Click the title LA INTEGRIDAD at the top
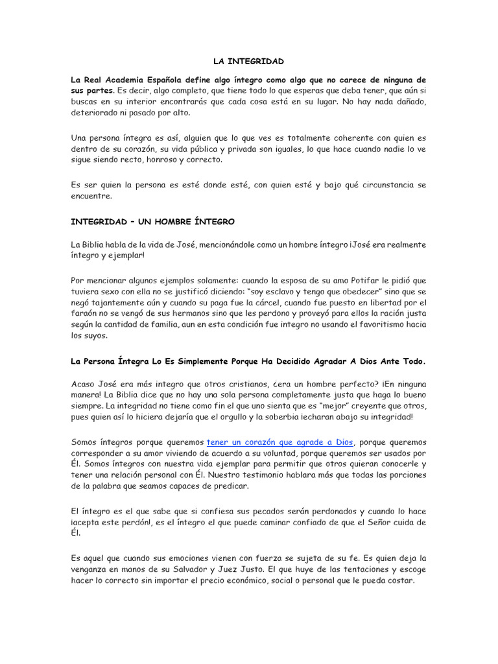coord(248,62)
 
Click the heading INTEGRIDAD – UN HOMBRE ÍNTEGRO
coord(152,222)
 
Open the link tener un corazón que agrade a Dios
coord(279,442)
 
